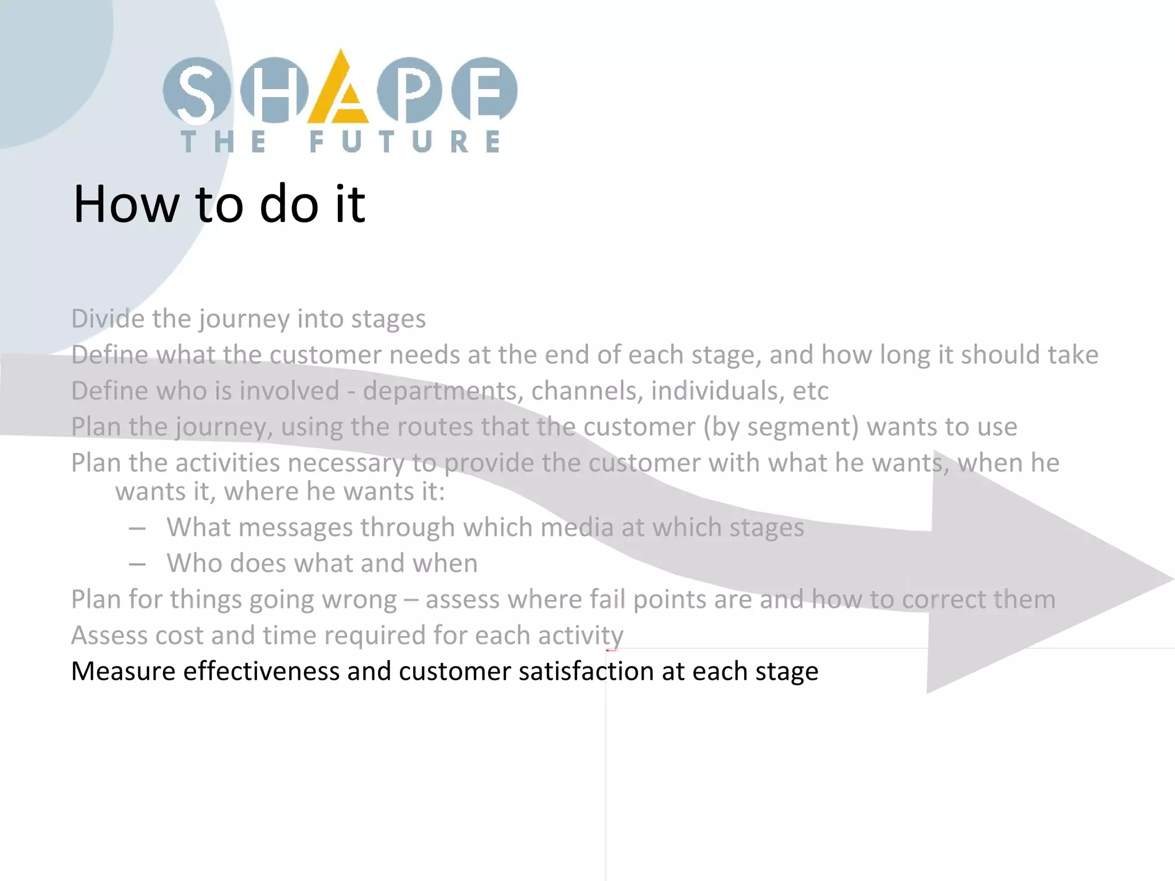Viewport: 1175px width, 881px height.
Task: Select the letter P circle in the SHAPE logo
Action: pos(410,91)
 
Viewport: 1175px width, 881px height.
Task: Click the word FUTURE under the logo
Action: pos(404,142)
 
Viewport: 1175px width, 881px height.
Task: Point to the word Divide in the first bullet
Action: pos(107,318)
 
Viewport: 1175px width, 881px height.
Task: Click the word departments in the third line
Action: pos(442,391)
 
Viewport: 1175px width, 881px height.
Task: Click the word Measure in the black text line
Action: pos(123,672)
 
